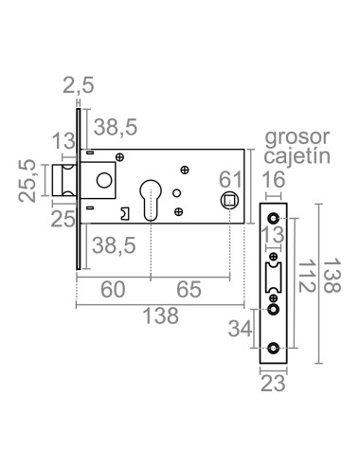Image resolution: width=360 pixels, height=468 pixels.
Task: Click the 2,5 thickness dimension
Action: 81,87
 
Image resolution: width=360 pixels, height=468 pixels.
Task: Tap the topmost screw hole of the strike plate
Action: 274,220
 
